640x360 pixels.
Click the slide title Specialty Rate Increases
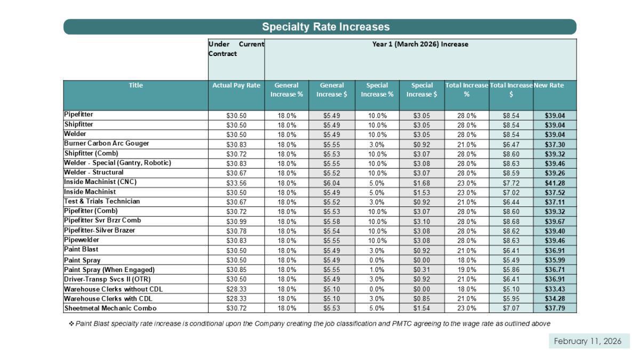(325, 27)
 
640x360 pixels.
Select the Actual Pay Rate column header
(236, 85)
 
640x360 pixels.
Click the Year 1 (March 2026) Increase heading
(420, 44)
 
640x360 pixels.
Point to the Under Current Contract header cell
(236, 49)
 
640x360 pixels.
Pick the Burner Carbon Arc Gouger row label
(107, 143)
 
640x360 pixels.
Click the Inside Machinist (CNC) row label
(100, 182)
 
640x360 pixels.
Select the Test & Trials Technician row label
(102, 201)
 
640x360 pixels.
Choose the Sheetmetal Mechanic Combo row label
(110, 308)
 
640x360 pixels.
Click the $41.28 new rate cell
(555, 183)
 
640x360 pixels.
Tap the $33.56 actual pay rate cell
(236, 183)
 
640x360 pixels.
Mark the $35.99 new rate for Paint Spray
(555, 260)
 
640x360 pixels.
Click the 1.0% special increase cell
(377, 270)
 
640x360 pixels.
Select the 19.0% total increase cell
(467, 270)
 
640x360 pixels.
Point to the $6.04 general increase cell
(331, 183)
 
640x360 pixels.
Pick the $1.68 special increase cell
(421, 183)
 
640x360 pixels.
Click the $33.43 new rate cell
(555, 289)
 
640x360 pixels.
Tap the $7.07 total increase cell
(511, 308)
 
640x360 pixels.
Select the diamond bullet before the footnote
(71, 324)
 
